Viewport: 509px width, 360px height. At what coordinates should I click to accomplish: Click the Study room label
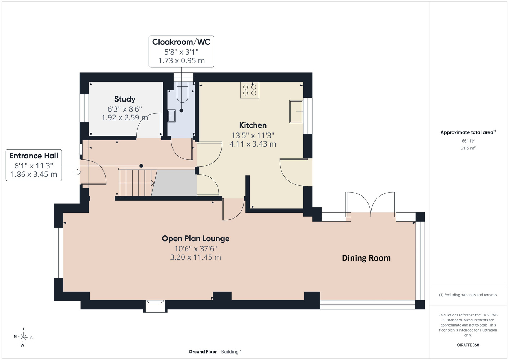[125, 99]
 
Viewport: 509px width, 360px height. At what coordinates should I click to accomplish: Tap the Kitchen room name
[253, 125]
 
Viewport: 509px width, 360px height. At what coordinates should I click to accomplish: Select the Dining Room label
[366, 258]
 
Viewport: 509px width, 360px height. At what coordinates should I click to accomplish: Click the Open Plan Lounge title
[196, 238]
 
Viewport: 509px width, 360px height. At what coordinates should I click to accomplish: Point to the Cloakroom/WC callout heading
[181, 42]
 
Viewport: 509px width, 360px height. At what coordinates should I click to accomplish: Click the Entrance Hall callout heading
[34, 156]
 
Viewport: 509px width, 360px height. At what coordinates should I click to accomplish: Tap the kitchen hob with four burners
[250, 90]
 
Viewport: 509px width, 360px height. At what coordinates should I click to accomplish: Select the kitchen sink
[296, 112]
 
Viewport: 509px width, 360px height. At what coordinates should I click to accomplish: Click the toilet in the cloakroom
[182, 92]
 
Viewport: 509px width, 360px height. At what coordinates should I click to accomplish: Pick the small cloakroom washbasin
[171, 116]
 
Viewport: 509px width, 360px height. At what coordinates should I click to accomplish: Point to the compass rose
[23, 337]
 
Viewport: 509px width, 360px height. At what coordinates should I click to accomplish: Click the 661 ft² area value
[468, 141]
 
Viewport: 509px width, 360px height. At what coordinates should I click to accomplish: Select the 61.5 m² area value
[468, 148]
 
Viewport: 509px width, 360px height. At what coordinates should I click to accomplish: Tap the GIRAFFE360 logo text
[468, 345]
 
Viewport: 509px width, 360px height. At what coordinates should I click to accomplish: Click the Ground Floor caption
[203, 352]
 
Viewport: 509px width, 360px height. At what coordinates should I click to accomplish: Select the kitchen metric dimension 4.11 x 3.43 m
[253, 144]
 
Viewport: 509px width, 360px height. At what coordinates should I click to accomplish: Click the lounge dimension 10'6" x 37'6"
[196, 249]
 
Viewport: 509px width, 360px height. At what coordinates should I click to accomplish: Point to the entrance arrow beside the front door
[77, 172]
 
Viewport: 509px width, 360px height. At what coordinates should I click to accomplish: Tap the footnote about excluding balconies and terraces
[468, 295]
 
